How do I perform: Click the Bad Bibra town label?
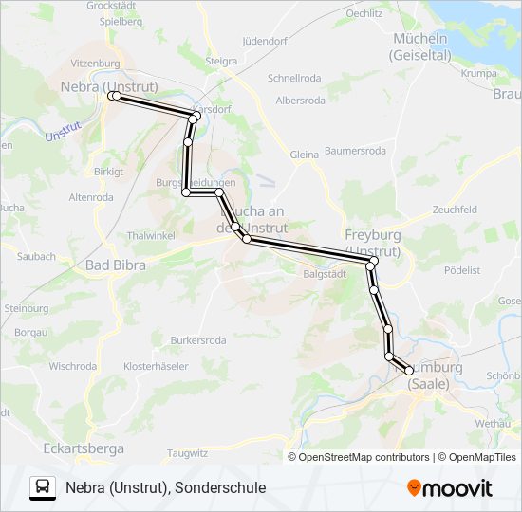pos(116,265)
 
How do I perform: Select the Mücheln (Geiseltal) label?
pos(419,46)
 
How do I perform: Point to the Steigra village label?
pos(220,62)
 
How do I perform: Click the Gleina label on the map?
pos(305,155)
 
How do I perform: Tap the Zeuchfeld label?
pos(454,210)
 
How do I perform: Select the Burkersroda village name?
pos(198,339)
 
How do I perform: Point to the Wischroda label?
pos(72,366)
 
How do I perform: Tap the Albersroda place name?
pos(300,100)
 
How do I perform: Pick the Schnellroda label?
pos(295,79)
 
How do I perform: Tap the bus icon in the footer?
pos(43,487)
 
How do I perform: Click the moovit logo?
pos(450,488)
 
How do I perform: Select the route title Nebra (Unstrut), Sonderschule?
pos(166,487)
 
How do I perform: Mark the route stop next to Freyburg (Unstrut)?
pos(374,261)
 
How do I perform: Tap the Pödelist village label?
pos(461,270)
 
